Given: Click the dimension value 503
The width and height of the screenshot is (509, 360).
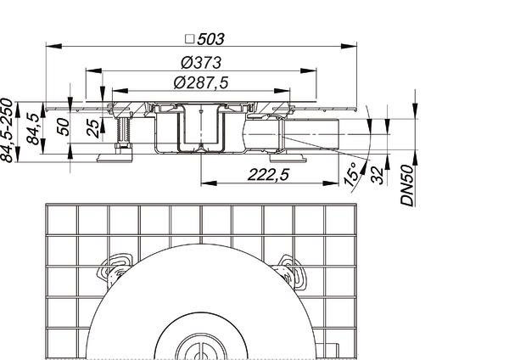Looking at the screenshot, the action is coord(210,39).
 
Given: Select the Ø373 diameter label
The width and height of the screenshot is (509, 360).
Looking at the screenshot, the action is coord(201,63).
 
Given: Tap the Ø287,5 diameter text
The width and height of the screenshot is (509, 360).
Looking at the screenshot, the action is coord(201,82).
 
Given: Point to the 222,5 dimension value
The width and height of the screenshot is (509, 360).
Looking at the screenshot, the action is coord(268,175).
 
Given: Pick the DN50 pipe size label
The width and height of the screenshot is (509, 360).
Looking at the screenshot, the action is coord(408,186).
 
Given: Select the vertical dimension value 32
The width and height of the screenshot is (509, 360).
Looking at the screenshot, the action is coord(377,175).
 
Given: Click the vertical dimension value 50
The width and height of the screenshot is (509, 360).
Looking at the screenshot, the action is coord(63,127).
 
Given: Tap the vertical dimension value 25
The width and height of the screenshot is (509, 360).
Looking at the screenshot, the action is coord(92,129).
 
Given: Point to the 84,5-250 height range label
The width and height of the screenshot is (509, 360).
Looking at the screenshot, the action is coord(7,130).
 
